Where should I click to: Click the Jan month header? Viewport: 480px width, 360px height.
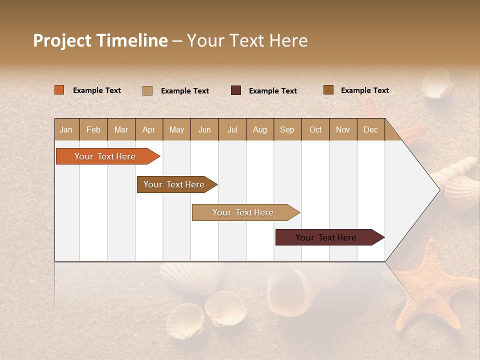tap(66, 129)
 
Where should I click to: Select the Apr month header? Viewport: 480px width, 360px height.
tap(148, 129)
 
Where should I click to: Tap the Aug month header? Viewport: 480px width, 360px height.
tap(259, 129)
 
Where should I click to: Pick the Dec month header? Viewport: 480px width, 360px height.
tap(370, 129)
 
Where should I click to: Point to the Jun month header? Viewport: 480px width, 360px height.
tap(204, 129)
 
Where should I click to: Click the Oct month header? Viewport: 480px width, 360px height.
tap(315, 129)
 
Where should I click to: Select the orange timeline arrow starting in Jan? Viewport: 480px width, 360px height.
tap(105, 156)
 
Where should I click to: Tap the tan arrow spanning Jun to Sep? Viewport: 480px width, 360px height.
tap(243, 212)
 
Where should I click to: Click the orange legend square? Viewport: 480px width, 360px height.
tap(59, 90)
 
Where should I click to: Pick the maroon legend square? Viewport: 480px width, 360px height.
tap(236, 90)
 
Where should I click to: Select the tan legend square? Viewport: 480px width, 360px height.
tap(147, 90)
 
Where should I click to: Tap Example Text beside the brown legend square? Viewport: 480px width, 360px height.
tap(364, 90)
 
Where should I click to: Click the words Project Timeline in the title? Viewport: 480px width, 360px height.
tap(100, 40)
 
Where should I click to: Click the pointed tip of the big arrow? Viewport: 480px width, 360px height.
tap(438, 189)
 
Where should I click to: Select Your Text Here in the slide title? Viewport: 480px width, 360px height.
tap(247, 40)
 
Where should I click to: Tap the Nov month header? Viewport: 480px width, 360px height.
tap(342, 129)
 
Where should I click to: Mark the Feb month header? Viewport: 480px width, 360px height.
tap(93, 129)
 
